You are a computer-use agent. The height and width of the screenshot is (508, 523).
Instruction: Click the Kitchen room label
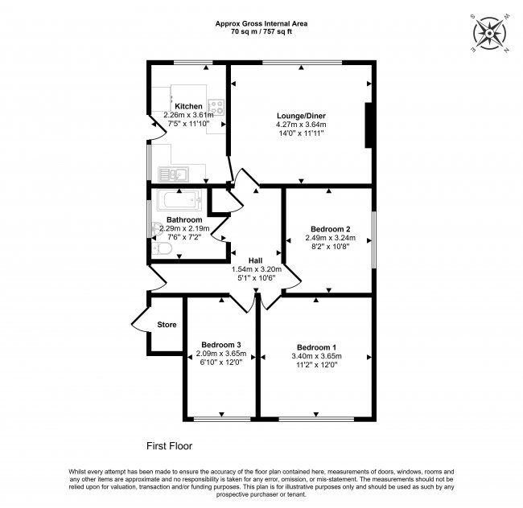coord(188,106)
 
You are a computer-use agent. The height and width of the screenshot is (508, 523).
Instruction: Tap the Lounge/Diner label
coord(301,115)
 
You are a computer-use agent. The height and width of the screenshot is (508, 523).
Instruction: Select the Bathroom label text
coord(184,219)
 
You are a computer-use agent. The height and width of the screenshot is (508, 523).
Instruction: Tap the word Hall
coord(254,260)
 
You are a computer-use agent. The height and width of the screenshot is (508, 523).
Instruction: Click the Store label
coord(167,325)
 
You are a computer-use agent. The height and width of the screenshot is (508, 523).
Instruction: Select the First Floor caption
coord(169,444)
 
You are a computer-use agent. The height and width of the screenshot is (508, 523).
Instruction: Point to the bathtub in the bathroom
coord(179,202)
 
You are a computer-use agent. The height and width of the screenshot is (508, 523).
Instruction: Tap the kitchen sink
coord(173,173)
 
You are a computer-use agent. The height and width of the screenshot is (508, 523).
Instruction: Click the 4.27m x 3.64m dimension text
coord(301,125)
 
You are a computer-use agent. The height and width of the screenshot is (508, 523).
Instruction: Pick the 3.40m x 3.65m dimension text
coord(316,356)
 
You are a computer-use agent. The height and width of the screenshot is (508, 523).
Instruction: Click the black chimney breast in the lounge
coord(369,125)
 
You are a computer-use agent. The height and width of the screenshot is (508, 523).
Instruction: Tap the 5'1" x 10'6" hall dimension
coord(254,278)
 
